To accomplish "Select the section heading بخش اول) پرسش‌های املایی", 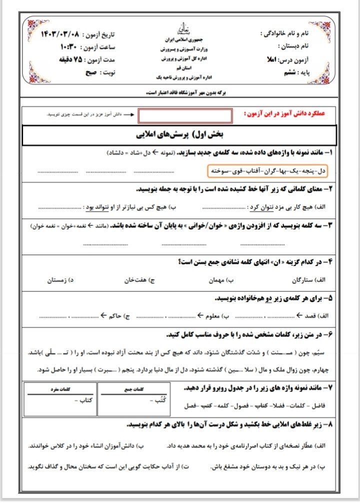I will click(180, 135).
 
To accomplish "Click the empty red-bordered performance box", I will click(185, 115).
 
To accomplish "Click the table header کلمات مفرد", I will click(61, 388).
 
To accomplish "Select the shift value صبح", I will click(91, 72).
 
